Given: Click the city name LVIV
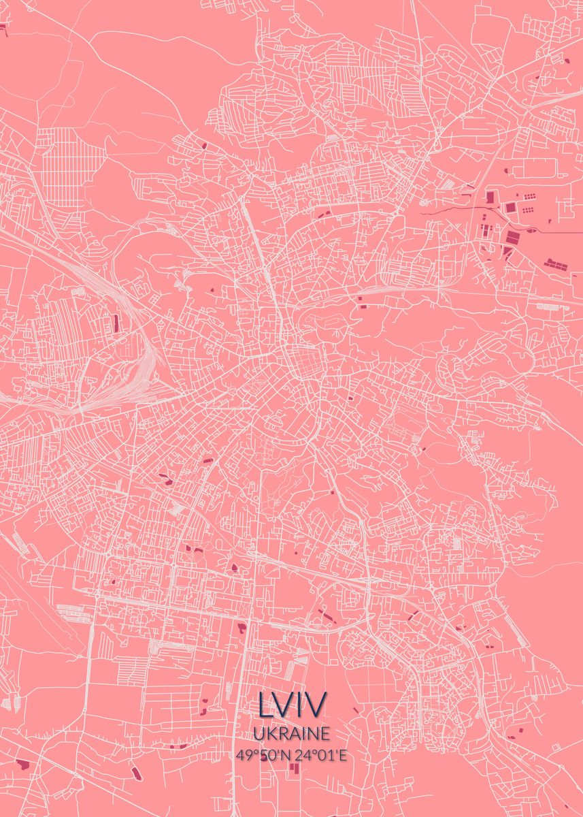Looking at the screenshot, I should [x=292, y=705].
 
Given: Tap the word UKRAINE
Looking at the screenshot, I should [x=292, y=733].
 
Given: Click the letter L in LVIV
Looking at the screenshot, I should [x=265, y=705].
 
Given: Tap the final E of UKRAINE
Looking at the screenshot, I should [x=325, y=733].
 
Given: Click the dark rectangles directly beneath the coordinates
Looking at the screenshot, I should [x=294, y=769].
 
